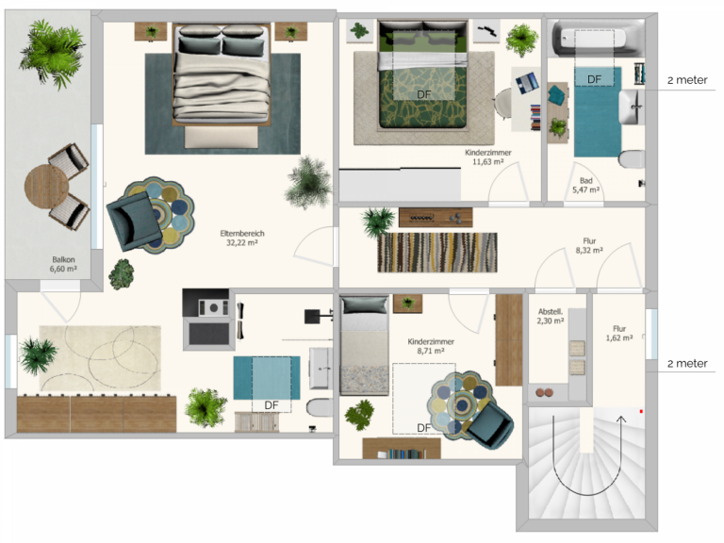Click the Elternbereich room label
tap(242, 238)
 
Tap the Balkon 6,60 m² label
tap(63, 264)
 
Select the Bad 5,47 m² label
tap(586, 185)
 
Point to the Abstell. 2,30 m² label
tap(551, 317)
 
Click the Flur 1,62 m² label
tap(619, 334)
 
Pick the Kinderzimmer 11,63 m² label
tap(488, 157)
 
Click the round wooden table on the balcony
tap(46, 187)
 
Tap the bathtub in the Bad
tap(596, 39)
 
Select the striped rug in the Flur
tap(437, 253)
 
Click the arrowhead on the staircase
tap(621, 420)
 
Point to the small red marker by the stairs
tap(641, 411)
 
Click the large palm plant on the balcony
tap(51, 54)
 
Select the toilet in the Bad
tap(631, 159)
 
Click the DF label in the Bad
tap(594, 79)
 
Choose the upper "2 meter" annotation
tap(687, 80)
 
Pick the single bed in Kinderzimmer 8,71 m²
tap(364, 346)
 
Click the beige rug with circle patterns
tap(100, 358)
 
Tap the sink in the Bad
tap(631, 107)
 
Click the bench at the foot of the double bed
tap(222, 137)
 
